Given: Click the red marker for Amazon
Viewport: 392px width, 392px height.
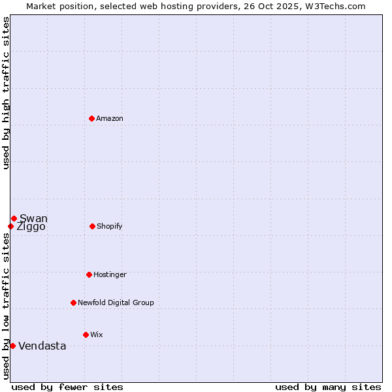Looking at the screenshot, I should (x=92, y=118).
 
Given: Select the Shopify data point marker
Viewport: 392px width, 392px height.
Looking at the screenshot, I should (x=92, y=226).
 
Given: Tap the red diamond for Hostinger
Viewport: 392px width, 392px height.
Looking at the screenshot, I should (x=89, y=274).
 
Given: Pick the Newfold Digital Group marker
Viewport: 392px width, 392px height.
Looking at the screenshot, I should (x=73, y=302).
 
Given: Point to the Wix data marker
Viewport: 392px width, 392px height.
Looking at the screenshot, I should (x=86, y=335).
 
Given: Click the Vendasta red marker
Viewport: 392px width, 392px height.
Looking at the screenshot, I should (x=12, y=346).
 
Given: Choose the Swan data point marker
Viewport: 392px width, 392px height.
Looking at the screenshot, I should (x=14, y=218).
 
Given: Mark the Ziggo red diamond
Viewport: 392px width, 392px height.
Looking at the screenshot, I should (x=10, y=226).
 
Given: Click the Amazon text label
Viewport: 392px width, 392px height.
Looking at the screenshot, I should (x=110, y=118).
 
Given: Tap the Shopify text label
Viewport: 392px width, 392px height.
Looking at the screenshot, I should (x=109, y=226).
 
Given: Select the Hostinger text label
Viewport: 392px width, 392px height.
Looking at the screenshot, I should (x=110, y=274).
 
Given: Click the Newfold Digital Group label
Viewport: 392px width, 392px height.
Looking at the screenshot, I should (x=116, y=302).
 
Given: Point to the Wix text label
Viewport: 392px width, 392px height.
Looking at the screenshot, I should (x=97, y=335).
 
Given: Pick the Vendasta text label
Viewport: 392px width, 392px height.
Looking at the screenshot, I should (x=42, y=346).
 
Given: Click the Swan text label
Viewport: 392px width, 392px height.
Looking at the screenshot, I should (x=33, y=218).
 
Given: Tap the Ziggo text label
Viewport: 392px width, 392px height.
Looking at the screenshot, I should (x=31, y=227).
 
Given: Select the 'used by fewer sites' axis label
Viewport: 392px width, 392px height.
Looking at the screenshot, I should (x=67, y=387).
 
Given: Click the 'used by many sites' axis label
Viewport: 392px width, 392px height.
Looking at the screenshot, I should (x=328, y=387).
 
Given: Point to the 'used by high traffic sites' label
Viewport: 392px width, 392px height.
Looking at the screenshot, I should (x=6, y=93).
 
